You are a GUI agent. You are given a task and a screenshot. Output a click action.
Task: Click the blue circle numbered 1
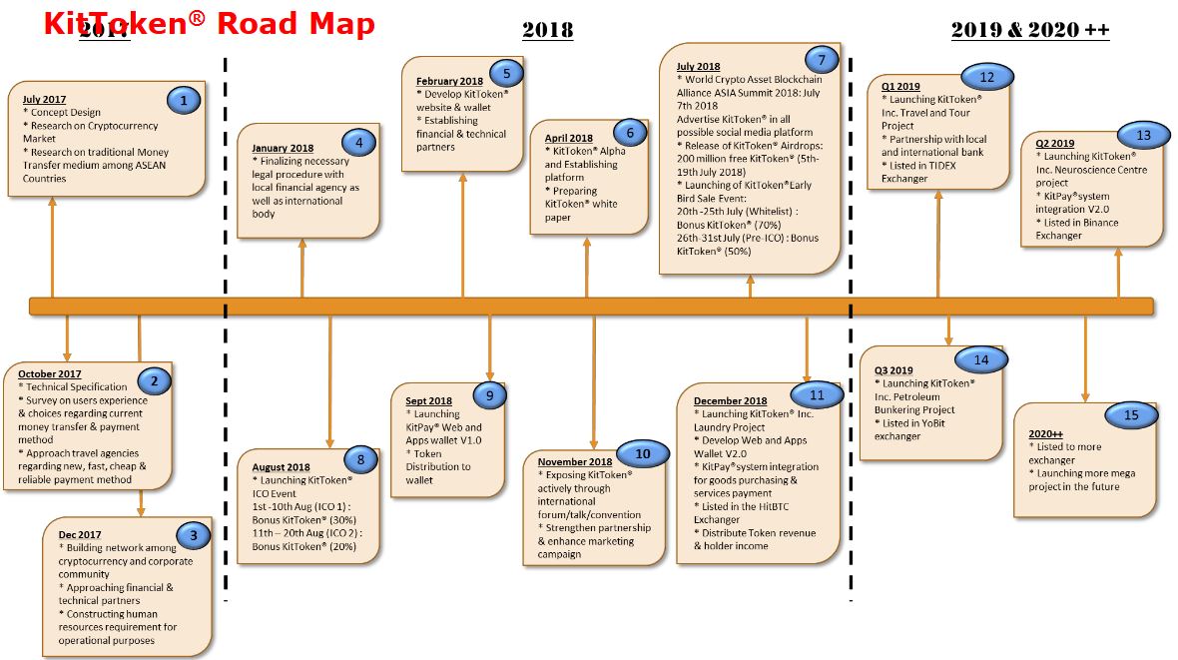(184, 99)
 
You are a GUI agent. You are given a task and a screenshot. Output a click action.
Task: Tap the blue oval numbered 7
(821, 57)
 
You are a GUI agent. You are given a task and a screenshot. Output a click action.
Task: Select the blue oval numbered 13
(1143, 135)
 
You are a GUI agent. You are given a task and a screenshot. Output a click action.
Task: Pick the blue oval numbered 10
(643, 454)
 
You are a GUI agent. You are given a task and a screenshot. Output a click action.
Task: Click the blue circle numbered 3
(193, 534)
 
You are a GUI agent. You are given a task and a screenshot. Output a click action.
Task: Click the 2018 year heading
(547, 30)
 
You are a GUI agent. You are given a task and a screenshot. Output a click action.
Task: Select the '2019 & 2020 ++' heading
(1029, 30)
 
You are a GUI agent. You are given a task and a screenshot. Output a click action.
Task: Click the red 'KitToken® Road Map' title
(209, 23)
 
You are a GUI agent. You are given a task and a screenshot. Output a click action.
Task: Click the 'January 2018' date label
(283, 148)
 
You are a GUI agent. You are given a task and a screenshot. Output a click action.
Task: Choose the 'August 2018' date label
(282, 466)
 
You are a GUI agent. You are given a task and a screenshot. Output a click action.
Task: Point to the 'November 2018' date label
(575, 462)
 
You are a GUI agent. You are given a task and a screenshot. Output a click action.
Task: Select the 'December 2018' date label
(731, 400)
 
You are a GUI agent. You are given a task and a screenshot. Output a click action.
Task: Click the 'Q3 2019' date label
(893, 370)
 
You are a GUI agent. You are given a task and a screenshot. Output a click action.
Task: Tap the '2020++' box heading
(1046, 434)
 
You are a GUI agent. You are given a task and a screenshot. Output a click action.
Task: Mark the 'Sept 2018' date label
(428, 400)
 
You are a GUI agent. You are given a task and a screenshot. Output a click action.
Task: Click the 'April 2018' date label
(568, 138)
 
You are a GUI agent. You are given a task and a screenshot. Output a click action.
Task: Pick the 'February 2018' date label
(449, 81)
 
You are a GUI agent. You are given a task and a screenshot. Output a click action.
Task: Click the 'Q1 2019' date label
(900, 87)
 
